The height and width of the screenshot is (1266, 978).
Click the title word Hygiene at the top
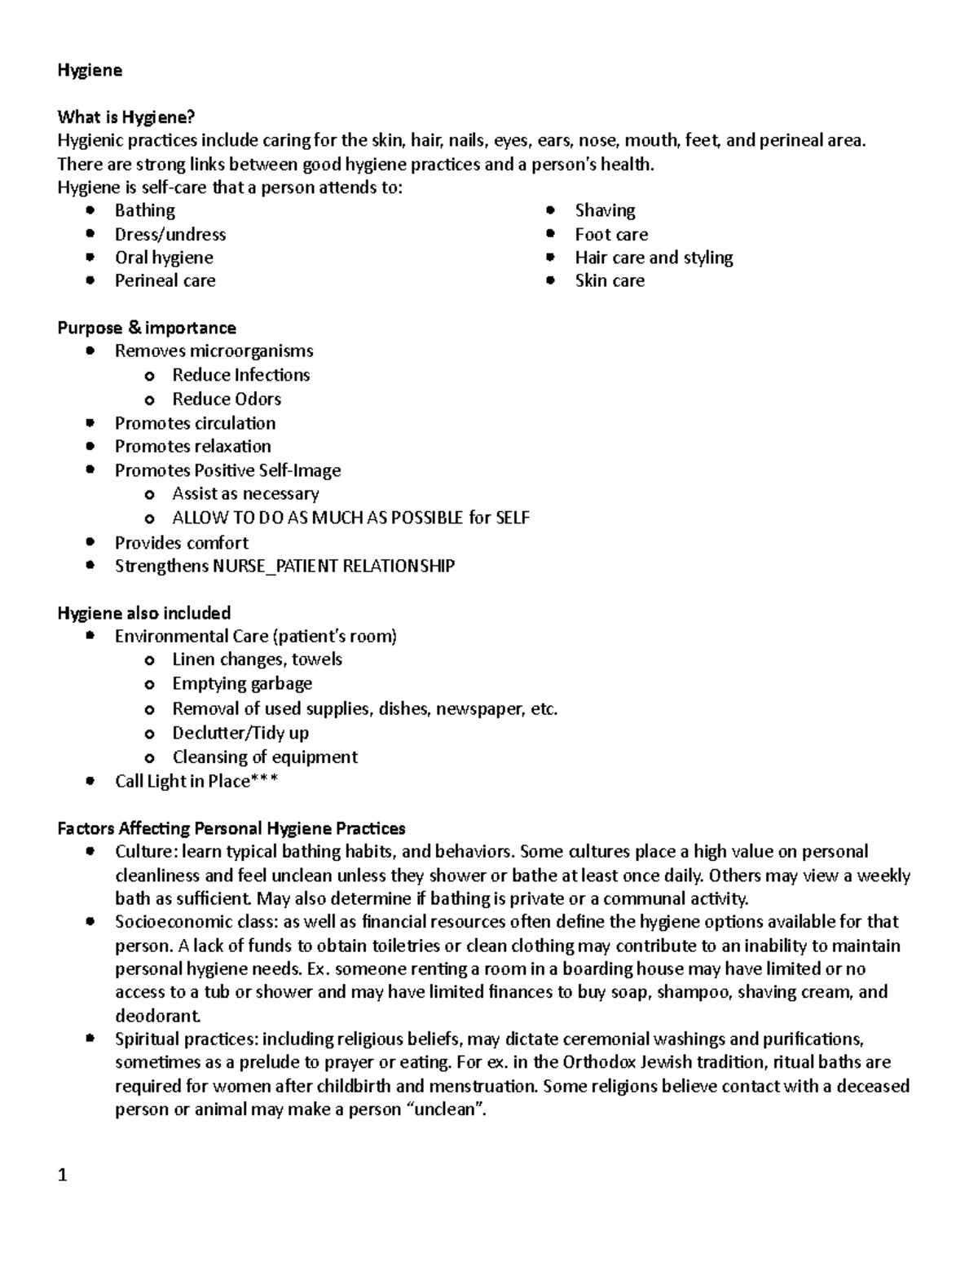[x=90, y=70]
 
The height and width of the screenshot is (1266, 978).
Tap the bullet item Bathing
[x=144, y=210]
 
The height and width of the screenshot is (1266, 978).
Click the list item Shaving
[x=605, y=210]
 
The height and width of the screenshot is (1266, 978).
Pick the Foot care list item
[x=611, y=235]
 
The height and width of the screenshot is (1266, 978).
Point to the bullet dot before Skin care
[x=552, y=280]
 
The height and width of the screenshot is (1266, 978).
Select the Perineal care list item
[x=165, y=281]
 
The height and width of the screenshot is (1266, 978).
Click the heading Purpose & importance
[x=147, y=328]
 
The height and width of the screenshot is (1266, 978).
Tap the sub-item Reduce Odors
[x=227, y=399]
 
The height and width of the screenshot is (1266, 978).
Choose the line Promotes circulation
[x=195, y=423]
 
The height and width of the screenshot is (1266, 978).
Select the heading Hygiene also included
[x=144, y=613]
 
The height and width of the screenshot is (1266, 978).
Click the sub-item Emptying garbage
[x=242, y=684]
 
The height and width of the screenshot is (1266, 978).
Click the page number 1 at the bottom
[x=63, y=1176]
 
